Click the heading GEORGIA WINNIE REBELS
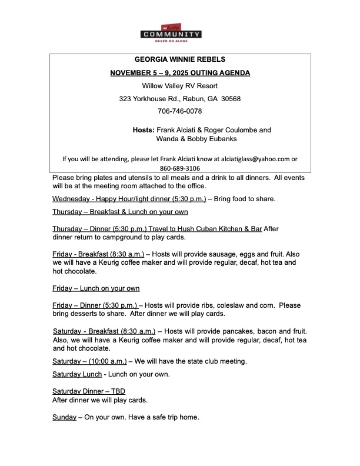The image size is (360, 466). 179,60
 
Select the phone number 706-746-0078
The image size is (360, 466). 179,111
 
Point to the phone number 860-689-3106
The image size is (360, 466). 180,168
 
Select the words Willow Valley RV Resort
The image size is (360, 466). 179,85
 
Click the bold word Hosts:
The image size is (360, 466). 144,129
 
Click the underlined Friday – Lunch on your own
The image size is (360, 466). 96,288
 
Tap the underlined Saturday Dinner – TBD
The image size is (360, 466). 89,391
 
